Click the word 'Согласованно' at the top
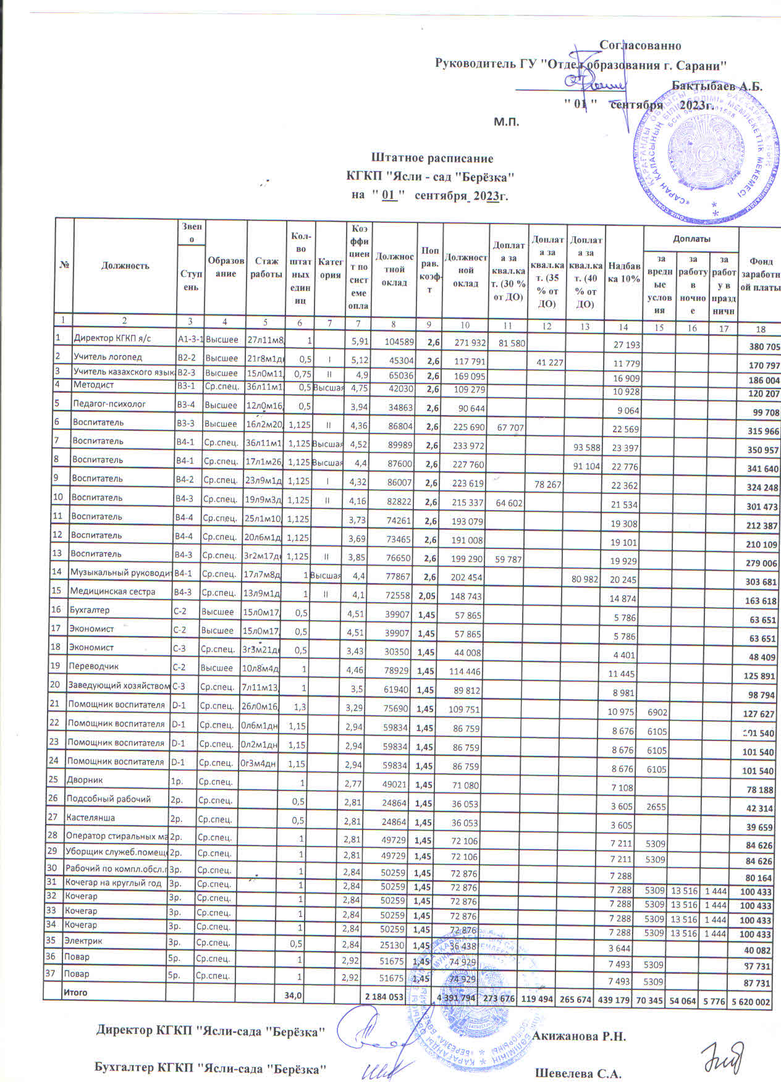(x=641, y=46)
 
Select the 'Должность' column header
(x=124, y=266)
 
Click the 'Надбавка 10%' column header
(x=623, y=273)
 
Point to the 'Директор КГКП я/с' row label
(x=112, y=338)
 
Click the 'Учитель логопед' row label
(x=108, y=356)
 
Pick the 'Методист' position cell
(x=90, y=385)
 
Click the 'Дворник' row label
(x=83, y=780)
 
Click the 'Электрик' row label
(x=83, y=941)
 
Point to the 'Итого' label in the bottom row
(x=75, y=992)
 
